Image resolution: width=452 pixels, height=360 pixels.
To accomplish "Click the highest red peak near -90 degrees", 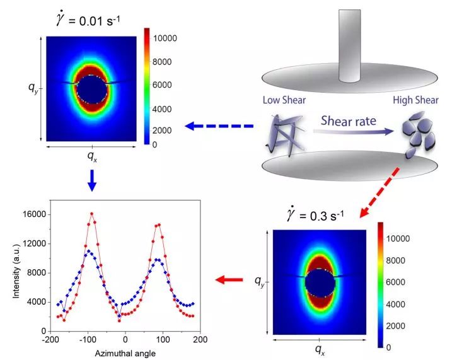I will (91, 213).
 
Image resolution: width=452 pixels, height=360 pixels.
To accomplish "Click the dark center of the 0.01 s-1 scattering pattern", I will (92, 88).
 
